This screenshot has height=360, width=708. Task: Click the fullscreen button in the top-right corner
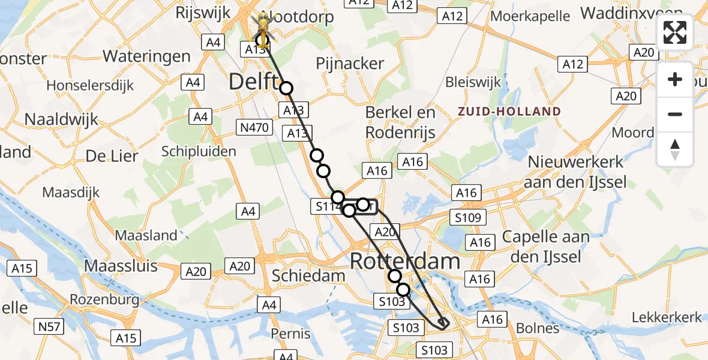(x=675, y=32)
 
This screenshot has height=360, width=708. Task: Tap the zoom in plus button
(x=675, y=79)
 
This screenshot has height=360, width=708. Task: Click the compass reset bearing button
(x=675, y=149)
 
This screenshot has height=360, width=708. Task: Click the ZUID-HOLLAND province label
(x=509, y=112)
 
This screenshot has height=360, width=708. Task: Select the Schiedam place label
(x=308, y=276)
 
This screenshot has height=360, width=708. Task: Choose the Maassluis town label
(x=121, y=265)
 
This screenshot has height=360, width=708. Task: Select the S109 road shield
(x=469, y=218)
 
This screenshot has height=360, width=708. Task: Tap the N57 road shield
(x=49, y=326)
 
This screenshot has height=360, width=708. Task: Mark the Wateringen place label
(x=146, y=56)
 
